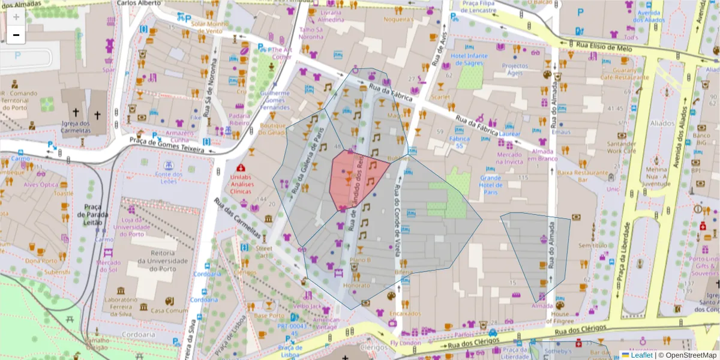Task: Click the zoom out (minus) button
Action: [x=16, y=35]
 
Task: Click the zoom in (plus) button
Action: [x=16, y=17]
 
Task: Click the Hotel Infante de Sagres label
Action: [x=469, y=59]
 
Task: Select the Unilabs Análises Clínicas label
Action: [x=242, y=184]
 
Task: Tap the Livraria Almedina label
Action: [x=330, y=16]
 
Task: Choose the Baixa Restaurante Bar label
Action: [x=582, y=176]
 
